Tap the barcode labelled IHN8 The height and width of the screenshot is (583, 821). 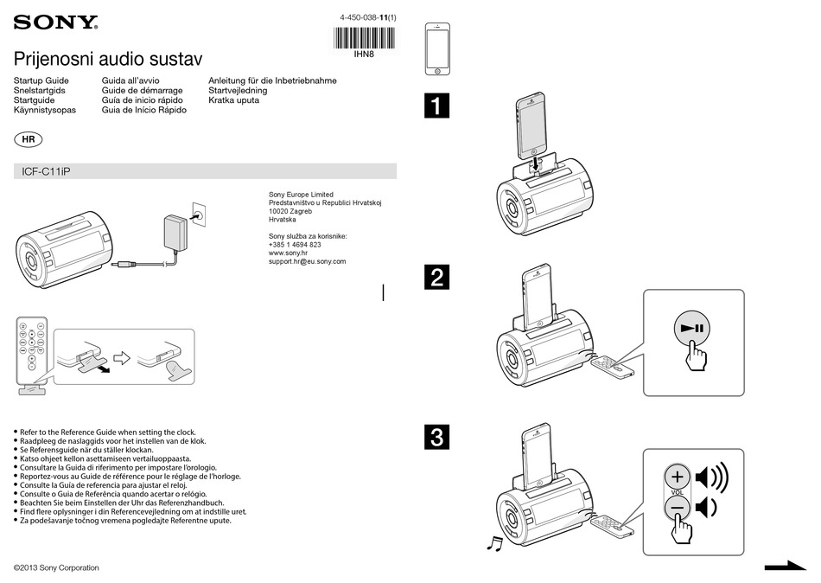pos(364,37)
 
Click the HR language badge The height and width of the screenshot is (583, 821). pos(29,139)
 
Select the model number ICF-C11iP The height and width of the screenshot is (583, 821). pos(46,171)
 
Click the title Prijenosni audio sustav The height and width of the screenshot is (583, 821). pos(108,60)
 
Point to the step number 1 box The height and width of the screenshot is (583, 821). pos(437,106)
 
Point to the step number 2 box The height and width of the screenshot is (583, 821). pos(437,278)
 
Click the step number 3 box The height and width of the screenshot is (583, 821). pos(437,438)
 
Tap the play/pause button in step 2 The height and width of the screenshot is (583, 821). pos(693,329)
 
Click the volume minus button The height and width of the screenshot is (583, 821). pos(678,507)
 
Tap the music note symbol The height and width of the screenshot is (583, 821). pos(494,542)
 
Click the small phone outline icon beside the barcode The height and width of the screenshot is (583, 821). pos(438,49)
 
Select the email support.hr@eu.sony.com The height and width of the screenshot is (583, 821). pos(307,261)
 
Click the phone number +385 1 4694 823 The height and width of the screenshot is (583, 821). pos(295,245)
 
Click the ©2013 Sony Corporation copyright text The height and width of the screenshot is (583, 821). pos(57,567)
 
